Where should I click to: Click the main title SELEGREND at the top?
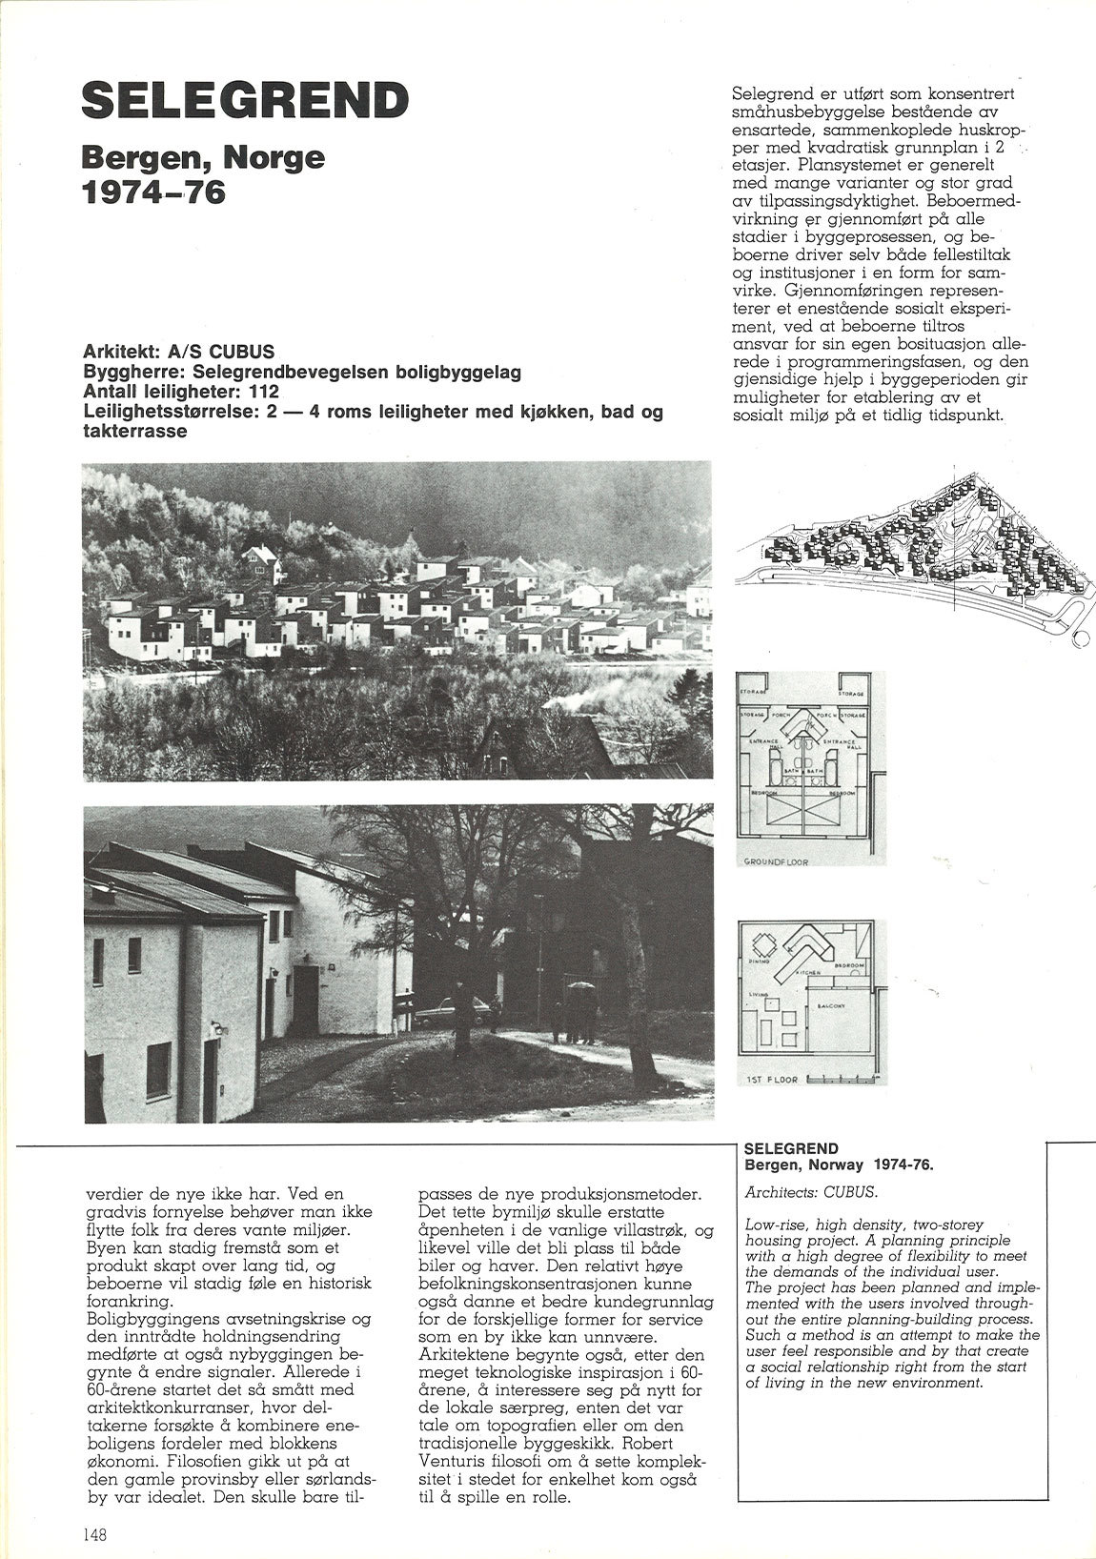(x=245, y=100)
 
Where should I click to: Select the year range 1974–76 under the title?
(x=155, y=192)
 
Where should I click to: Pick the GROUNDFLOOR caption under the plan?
(x=775, y=861)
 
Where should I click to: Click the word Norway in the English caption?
(x=836, y=1164)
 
